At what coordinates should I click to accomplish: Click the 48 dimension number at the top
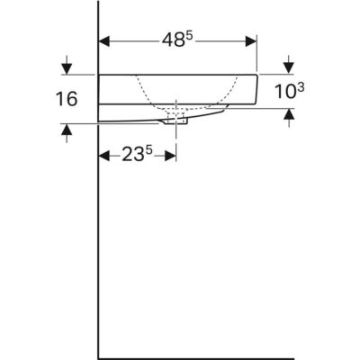pyautogui.click(x=173, y=40)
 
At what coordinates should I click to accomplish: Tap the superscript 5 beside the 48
pyautogui.click(x=189, y=36)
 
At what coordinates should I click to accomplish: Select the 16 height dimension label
pyautogui.click(x=67, y=99)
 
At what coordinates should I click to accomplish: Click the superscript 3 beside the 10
pyautogui.click(x=301, y=88)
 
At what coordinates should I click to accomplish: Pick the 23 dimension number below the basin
pyautogui.click(x=132, y=155)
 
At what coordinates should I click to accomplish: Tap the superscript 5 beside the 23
pyautogui.click(x=149, y=151)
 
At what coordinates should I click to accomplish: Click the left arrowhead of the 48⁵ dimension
pyautogui.click(x=103, y=41)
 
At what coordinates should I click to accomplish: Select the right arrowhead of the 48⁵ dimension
pyautogui.click(x=251, y=41)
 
